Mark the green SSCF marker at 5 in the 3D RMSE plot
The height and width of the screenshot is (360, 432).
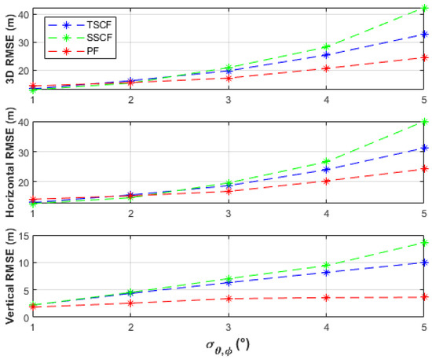[424, 9]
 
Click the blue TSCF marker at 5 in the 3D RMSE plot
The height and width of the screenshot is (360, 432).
[424, 34]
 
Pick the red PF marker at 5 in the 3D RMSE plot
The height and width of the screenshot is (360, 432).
[424, 57]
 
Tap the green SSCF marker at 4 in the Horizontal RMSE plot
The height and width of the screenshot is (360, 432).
[326, 161]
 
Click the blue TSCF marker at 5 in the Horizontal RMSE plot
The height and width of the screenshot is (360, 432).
[424, 148]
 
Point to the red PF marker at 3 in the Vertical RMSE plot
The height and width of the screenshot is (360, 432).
[229, 299]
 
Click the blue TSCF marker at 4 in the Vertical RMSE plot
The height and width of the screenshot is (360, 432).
[326, 272]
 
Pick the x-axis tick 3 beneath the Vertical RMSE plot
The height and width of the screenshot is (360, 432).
[229, 326]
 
